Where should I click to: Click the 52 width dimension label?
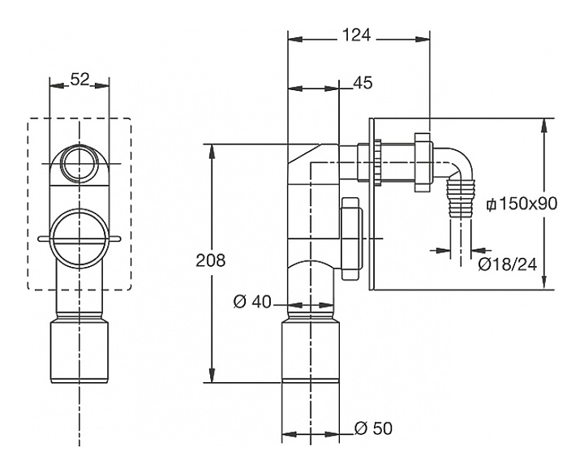tap(79, 80)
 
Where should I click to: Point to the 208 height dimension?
tap(210, 260)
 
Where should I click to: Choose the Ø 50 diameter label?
tap(374, 428)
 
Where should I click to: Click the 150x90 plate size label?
tap(521, 203)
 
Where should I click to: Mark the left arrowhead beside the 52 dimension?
tap(54, 84)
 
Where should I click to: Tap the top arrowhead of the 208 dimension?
tap(213, 149)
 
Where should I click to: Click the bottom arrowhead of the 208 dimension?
tap(213, 378)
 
